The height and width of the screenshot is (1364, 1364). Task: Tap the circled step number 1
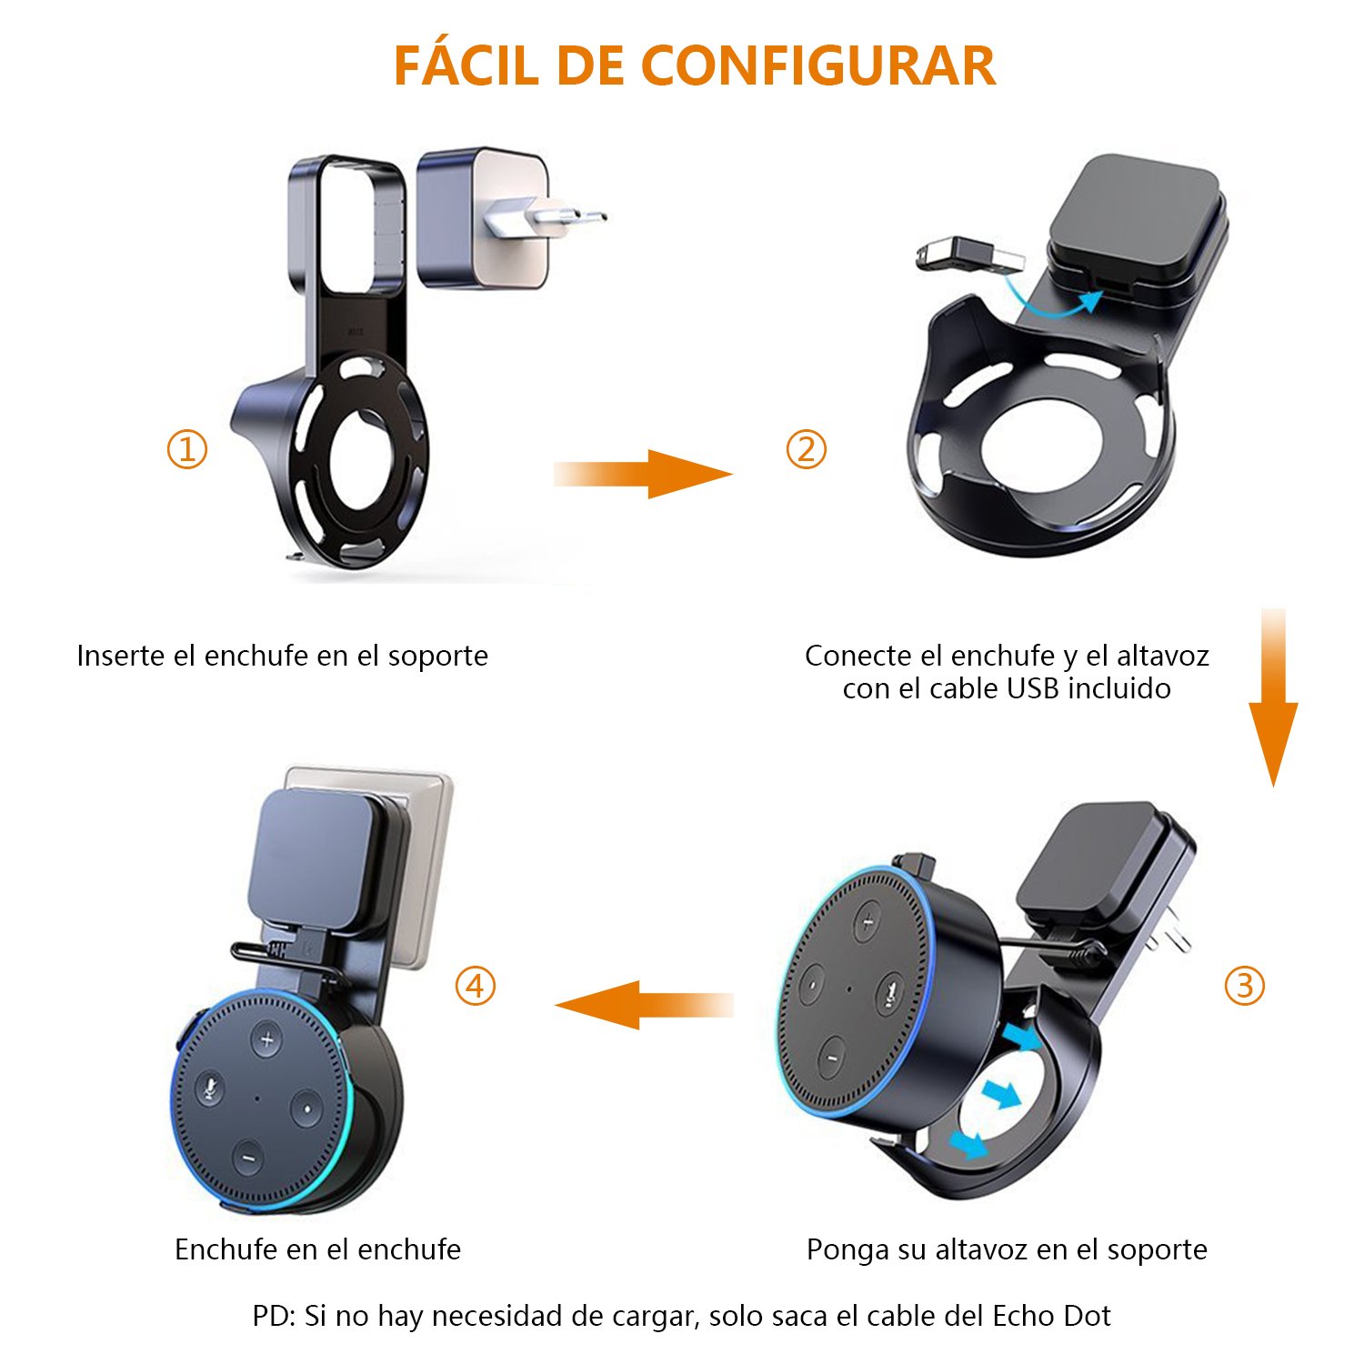point(187,449)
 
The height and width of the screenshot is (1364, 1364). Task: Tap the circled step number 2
point(806,449)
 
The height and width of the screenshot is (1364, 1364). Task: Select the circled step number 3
point(1244,986)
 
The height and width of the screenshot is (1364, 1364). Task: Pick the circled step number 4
point(475,986)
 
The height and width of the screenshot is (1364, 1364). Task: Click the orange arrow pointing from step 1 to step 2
point(646,474)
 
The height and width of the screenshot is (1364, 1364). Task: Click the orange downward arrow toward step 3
point(1273,700)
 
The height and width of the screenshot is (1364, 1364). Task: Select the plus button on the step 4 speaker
point(266,1039)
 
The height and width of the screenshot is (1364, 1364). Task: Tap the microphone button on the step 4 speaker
point(210,1088)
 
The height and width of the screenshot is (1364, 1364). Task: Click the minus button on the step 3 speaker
point(830,1058)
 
